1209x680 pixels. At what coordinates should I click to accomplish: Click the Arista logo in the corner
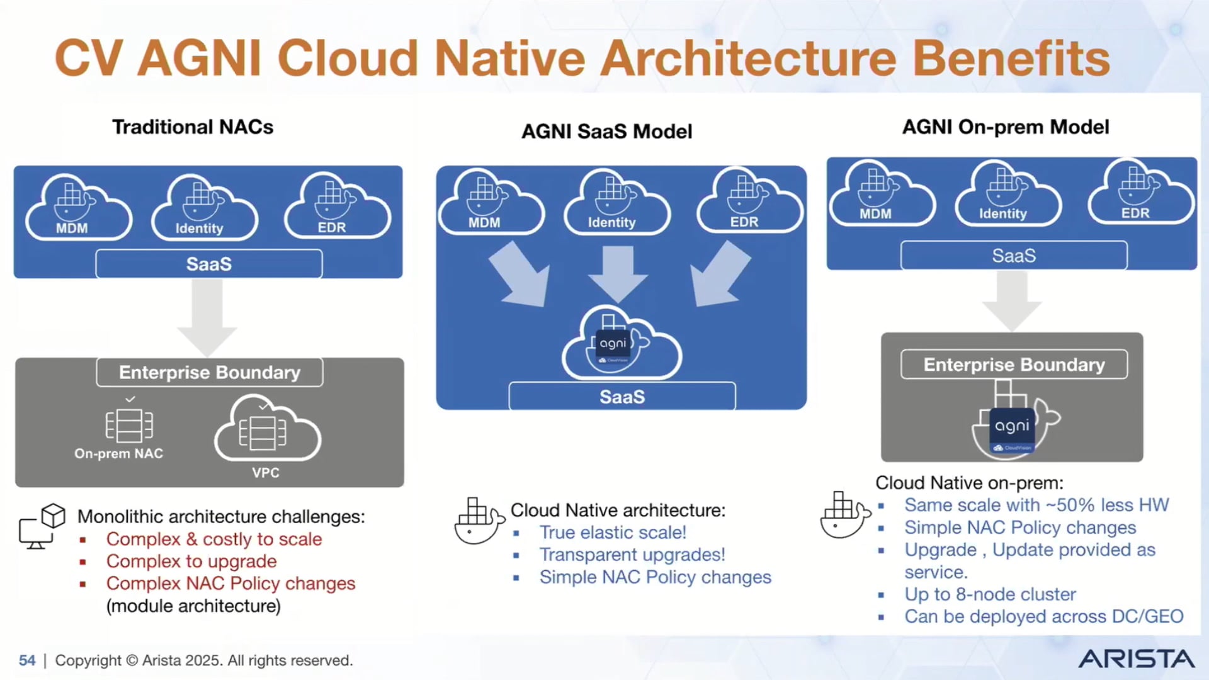tap(1136, 659)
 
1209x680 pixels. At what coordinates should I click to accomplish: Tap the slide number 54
tap(27, 660)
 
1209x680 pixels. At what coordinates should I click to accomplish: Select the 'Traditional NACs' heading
tap(193, 127)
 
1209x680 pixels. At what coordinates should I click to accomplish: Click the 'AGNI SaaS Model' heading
tap(606, 132)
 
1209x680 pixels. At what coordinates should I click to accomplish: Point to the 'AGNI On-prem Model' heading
tap(1005, 127)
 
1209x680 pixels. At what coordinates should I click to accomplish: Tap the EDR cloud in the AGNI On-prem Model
tap(1140, 193)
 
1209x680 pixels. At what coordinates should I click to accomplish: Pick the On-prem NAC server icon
tap(129, 426)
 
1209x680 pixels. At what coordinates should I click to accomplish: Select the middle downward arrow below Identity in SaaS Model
tap(618, 273)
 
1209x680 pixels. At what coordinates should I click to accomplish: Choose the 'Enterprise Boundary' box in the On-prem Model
tap(1014, 365)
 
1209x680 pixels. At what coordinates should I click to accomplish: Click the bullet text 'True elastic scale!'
tap(612, 533)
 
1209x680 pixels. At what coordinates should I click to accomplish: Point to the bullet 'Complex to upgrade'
tap(191, 561)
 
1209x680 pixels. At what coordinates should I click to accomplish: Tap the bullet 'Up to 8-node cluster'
tap(990, 594)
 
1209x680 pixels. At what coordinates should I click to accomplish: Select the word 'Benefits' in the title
tap(1011, 58)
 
